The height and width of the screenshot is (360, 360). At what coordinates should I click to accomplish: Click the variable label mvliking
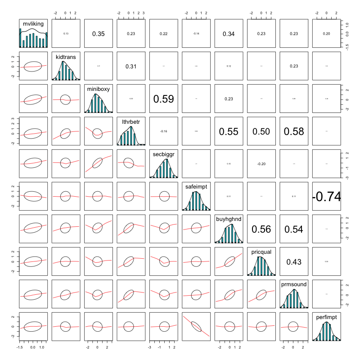tap(32, 23)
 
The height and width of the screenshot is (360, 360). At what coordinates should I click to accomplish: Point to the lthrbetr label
tap(130, 121)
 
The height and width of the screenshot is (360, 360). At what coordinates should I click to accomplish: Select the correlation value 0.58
tap(293, 131)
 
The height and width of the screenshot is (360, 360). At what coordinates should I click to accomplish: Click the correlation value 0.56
tap(261, 229)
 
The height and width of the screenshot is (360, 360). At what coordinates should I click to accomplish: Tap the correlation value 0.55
tap(229, 131)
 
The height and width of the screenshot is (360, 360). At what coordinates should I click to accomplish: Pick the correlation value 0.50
tap(261, 131)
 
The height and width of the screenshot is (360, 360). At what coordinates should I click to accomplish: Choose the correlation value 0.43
tap(293, 261)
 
